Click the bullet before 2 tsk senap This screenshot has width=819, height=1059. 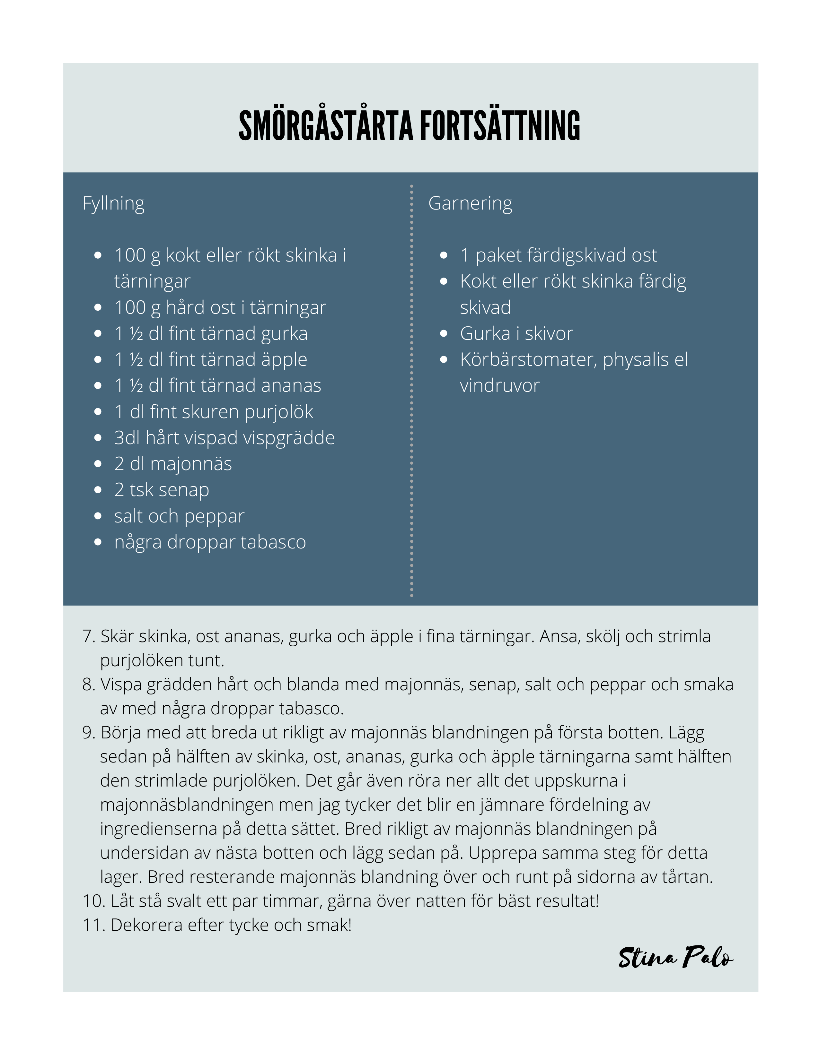click(x=98, y=490)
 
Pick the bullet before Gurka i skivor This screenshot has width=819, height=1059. click(x=444, y=334)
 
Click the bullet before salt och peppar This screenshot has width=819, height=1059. click(x=98, y=516)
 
